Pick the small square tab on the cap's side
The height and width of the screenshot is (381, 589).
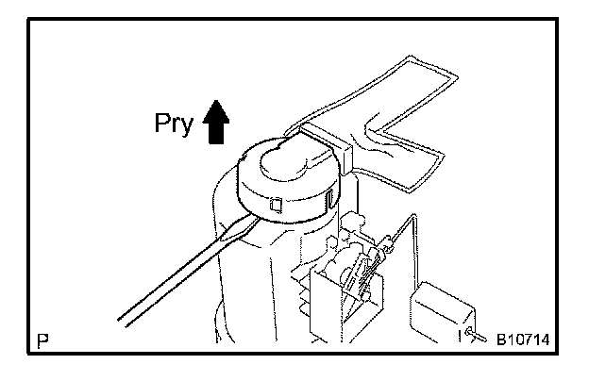click(276, 202)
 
